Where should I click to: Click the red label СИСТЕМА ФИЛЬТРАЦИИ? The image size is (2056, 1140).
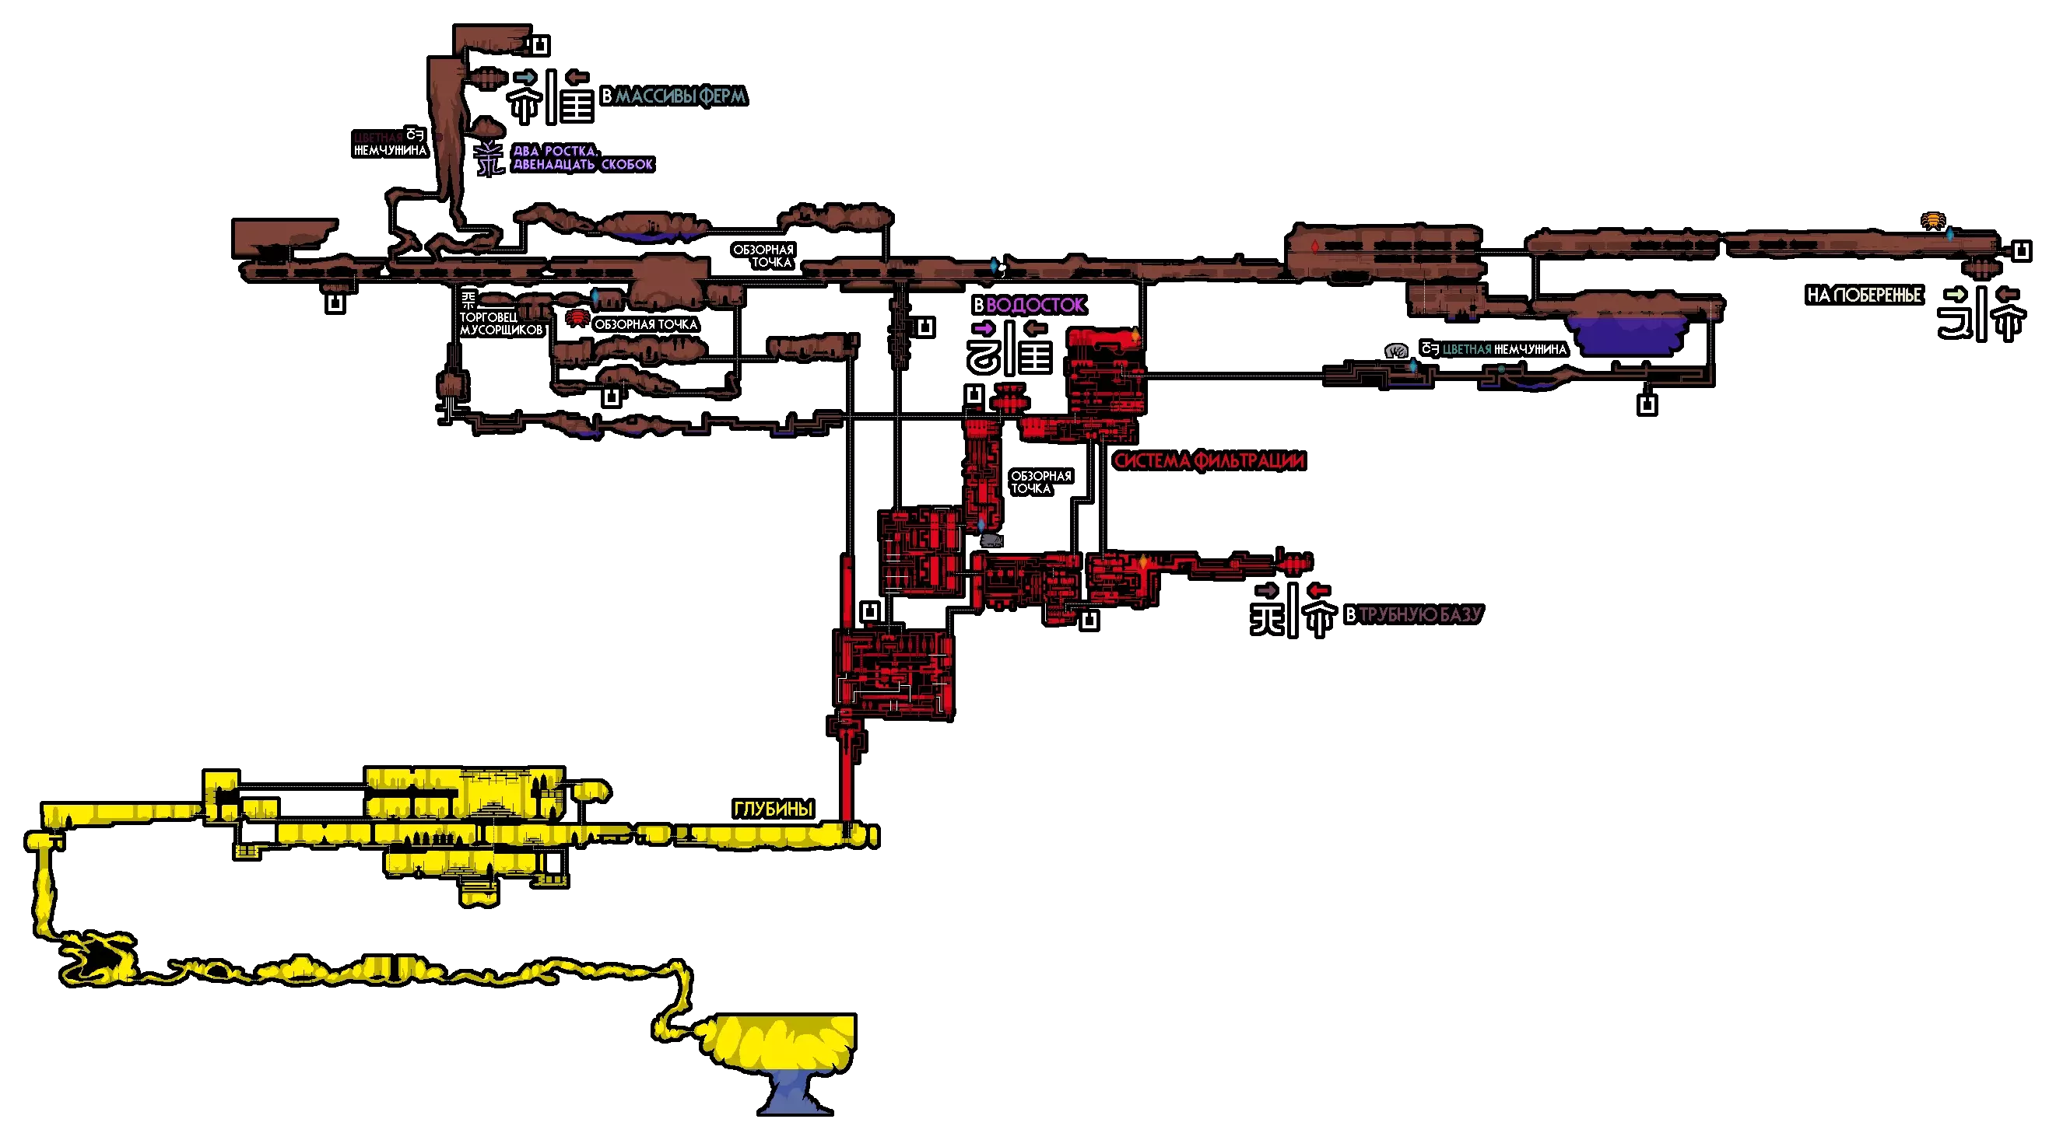coord(1209,460)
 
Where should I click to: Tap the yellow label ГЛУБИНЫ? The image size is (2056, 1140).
coord(773,809)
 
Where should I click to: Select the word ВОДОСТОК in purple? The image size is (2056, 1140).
coord(1034,305)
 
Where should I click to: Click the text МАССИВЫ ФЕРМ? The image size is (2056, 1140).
coord(680,96)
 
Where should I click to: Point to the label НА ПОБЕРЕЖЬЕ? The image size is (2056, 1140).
coord(1864,295)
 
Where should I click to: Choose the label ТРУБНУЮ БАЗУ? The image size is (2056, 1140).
coord(1419,614)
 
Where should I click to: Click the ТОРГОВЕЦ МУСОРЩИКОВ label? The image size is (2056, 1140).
coord(500,323)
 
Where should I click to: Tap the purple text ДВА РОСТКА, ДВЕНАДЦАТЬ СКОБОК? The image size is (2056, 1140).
coord(582,157)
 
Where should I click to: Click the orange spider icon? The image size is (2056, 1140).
coord(1932,220)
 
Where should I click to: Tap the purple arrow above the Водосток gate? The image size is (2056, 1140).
coord(984,329)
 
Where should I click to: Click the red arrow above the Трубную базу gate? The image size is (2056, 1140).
coord(1317,590)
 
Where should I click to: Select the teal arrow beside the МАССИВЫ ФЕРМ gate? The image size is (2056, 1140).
coord(525,78)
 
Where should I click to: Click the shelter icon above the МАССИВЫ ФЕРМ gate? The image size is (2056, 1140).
coord(540,45)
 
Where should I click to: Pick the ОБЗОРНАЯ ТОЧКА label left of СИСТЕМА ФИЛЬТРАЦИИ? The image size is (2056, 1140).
coord(1040,482)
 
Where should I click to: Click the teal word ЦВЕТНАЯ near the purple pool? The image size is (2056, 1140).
coord(1467,349)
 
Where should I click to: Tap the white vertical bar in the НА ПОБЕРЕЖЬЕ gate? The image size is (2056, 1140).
coord(1981,314)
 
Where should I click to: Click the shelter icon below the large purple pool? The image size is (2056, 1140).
coord(1647,405)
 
